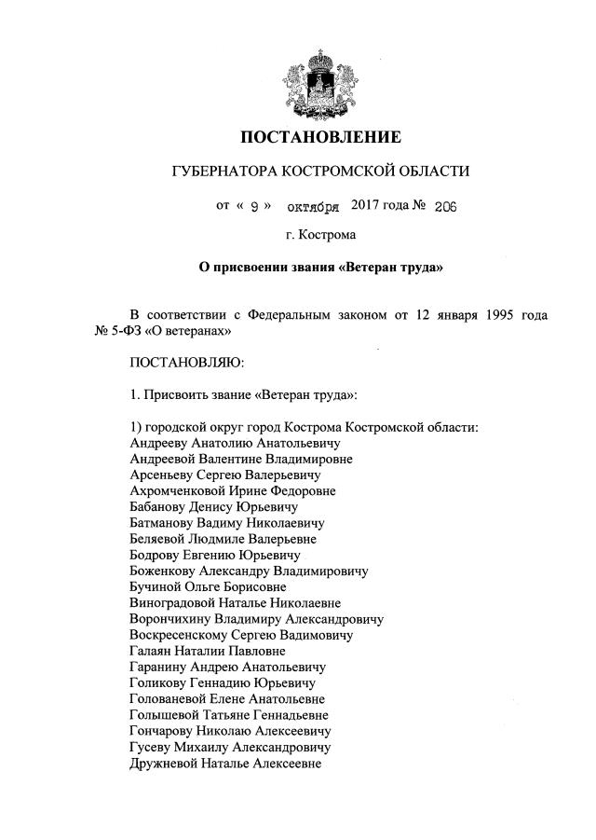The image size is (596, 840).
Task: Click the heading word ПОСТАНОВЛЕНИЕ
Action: click(321, 138)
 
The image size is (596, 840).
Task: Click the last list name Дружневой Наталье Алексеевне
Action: click(225, 763)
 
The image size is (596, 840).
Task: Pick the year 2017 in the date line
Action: click(369, 203)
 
